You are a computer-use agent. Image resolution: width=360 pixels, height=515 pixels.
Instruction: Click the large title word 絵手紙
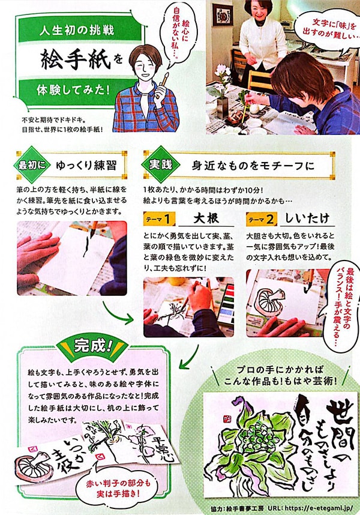pyautogui.click(x=72, y=59)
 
